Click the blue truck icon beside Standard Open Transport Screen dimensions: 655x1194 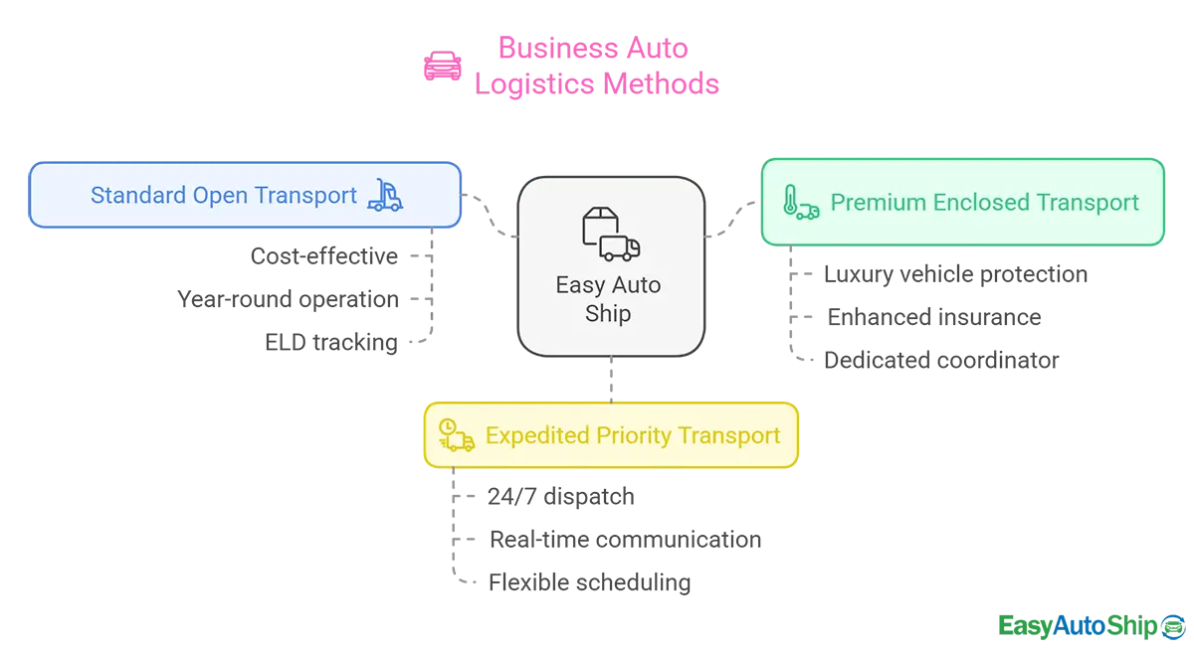point(385,195)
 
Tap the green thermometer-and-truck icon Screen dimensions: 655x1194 point(800,202)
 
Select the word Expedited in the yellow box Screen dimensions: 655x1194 point(537,435)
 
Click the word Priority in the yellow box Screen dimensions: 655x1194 point(634,435)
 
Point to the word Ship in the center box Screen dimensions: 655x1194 point(608,313)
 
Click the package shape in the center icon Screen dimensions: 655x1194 point(599,227)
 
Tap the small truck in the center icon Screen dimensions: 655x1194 point(622,247)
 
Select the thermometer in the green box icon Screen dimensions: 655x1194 point(790,200)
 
